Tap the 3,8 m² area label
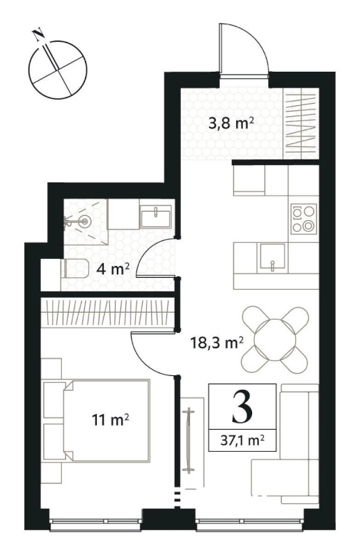click(x=231, y=125)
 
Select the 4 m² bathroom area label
click(x=113, y=269)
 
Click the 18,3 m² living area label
click(x=217, y=343)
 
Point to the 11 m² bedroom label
click(x=110, y=421)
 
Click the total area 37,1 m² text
click(x=242, y=441)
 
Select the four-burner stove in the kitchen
click(x=304, y=219)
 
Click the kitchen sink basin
click(x=272, y=256)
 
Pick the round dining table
click(x=275, y=340)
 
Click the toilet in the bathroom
click(x=75, y=269)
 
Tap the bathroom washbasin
click(x=156, y=217)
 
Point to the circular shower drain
click(x=85, y=222)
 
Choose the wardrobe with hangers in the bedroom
click(x=108, y=312)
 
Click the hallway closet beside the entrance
click(x=302, y=124)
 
